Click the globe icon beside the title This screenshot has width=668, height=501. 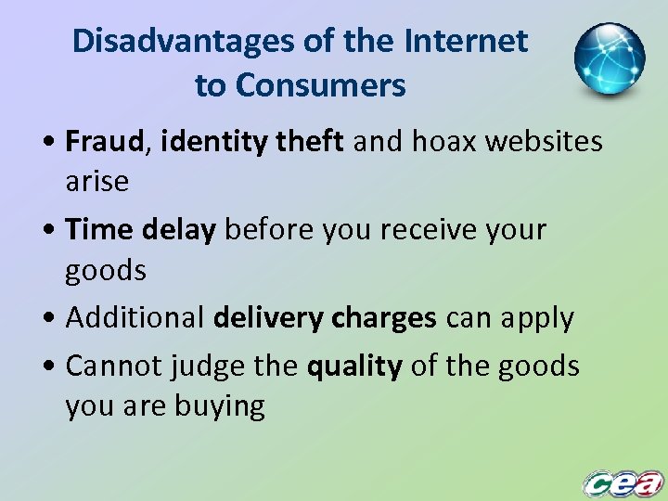[x=609, y=59]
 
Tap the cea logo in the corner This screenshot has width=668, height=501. [x=623, y=482]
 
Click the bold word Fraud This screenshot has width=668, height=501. [x=105, y=142]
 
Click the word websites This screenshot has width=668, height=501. [x=553, y=142]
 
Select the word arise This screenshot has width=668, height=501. [x=96, y=181]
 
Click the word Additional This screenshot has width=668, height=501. [x=135, y=317]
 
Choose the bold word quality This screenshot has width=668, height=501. [x=353, y=366]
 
